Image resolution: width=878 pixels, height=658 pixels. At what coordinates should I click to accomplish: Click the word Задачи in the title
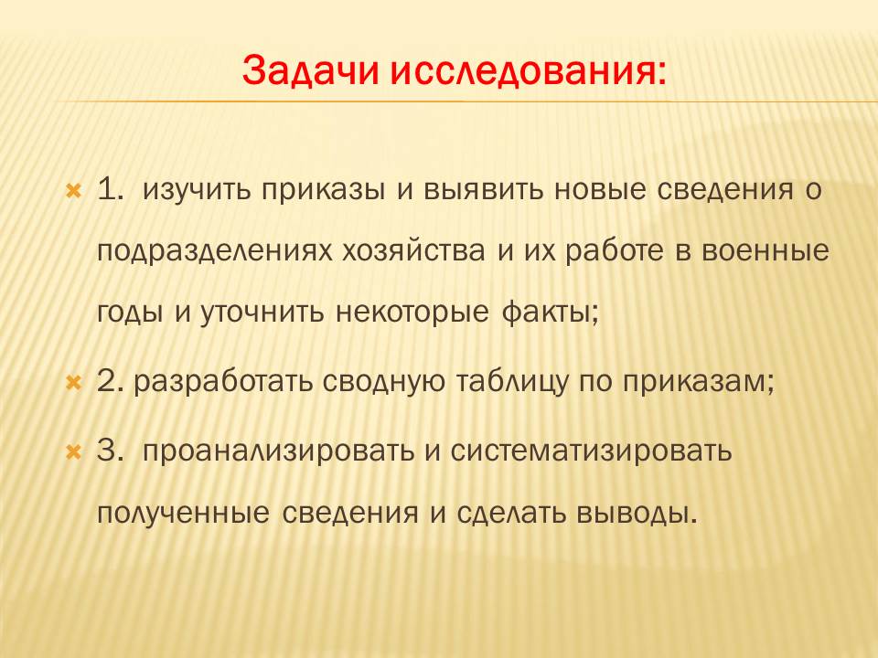click(310, 70)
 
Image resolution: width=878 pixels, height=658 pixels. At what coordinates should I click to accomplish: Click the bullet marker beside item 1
click(74, 191)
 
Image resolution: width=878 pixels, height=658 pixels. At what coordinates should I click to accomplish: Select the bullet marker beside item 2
click(74, 383)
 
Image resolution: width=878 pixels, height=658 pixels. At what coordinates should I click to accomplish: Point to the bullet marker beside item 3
click(74, 451)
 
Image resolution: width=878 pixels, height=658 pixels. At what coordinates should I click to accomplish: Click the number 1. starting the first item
click(111, 189)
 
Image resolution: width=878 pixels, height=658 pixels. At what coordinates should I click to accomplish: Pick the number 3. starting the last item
click(111, 451)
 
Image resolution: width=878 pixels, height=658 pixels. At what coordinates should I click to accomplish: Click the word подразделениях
click(215, 252)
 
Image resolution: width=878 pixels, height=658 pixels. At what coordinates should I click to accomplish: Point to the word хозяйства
click(413, 252)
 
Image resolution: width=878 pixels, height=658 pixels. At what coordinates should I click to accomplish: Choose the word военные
click(765, 251)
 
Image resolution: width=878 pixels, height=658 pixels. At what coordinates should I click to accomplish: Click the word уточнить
click(262, 313)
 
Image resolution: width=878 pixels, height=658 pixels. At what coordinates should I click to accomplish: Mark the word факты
click(550, 313)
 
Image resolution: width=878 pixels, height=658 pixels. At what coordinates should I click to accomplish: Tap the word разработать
click(222, 383)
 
